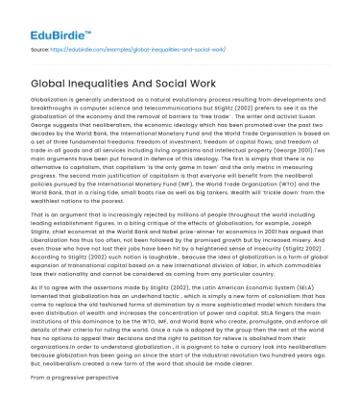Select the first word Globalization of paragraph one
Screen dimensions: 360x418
51,100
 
